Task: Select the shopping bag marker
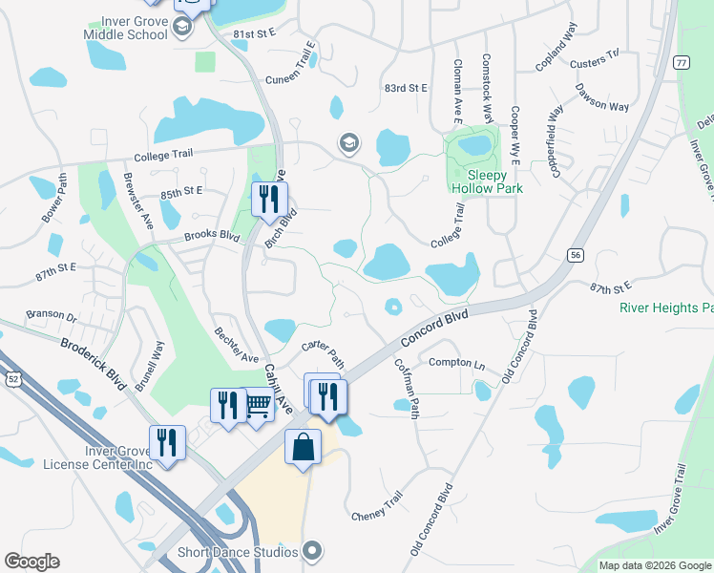point(303,448)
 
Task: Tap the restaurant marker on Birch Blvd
point(268,199)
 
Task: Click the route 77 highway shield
point(680,63)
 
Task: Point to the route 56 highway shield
point(575,255)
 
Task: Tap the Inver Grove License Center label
point(97,457)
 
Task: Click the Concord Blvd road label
point(434,328)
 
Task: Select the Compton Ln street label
point(456,362)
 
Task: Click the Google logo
point(31,562)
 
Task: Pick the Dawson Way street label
point(601,98)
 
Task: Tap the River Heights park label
point(666,308)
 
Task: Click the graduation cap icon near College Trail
point(349,144)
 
